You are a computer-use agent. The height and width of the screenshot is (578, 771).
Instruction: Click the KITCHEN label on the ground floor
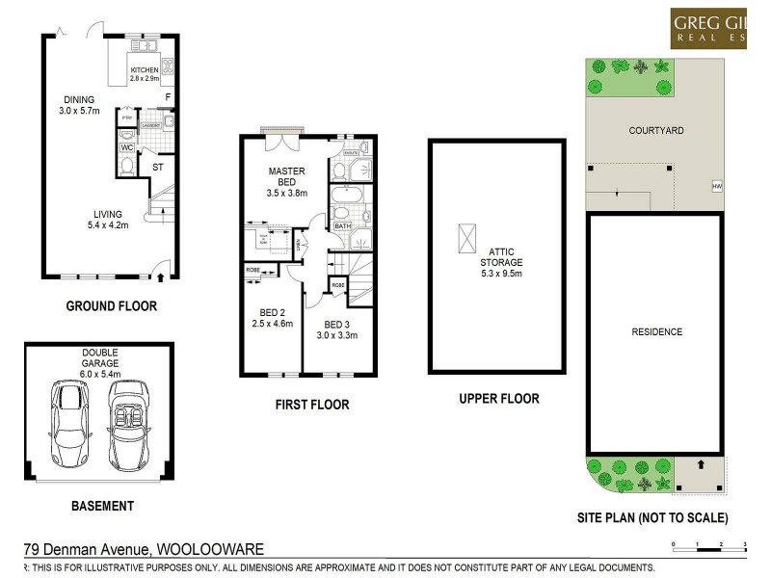(146, 69)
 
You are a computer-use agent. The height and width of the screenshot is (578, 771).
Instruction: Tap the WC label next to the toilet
(126, 147)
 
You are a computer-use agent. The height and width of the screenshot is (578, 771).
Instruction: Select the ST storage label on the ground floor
(158, 167)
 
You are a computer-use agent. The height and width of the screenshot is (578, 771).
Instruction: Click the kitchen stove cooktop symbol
(167, 66)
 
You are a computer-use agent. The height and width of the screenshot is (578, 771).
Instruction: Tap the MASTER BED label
(286, 177)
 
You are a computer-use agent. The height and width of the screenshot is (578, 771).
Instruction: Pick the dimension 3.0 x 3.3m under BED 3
(337, 336)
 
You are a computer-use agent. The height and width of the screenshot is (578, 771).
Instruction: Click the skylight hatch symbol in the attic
(466, 236)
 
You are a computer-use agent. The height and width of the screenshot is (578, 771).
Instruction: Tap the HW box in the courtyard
(716, 186)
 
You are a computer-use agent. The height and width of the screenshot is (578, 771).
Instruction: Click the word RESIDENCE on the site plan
(656, 332)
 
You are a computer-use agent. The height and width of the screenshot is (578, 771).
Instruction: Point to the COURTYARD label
(656, 130)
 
